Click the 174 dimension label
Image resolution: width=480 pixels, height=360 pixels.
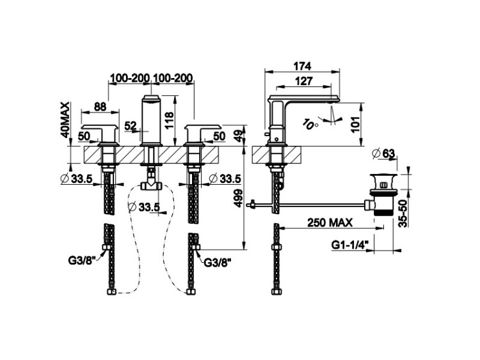click(x=302, y=66)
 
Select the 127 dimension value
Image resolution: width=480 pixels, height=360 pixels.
click(x=304, y=81)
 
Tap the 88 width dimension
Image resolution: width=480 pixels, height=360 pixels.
click(x=100, y=106)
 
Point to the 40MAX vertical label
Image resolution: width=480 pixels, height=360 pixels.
click(x=65, y=120)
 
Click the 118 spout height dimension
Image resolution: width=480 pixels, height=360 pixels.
click(x=169, y=120)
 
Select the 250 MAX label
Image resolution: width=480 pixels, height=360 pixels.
click(x=330, y=223)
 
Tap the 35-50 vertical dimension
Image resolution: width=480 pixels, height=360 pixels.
click(x=403, y=213)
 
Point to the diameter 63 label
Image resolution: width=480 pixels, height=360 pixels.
click(x=383, y=153)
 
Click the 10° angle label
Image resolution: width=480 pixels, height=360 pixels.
click(x=310, y=123)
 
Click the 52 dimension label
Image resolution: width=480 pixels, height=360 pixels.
click(x=131, y=126)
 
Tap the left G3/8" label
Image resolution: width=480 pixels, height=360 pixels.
click(x=83, y=261)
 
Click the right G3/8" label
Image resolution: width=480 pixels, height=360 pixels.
click(x=218, y=262)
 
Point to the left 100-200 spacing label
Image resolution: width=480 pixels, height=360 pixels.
click(x=130, y=78)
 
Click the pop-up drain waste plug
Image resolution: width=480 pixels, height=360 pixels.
click(x=383, y=194)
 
